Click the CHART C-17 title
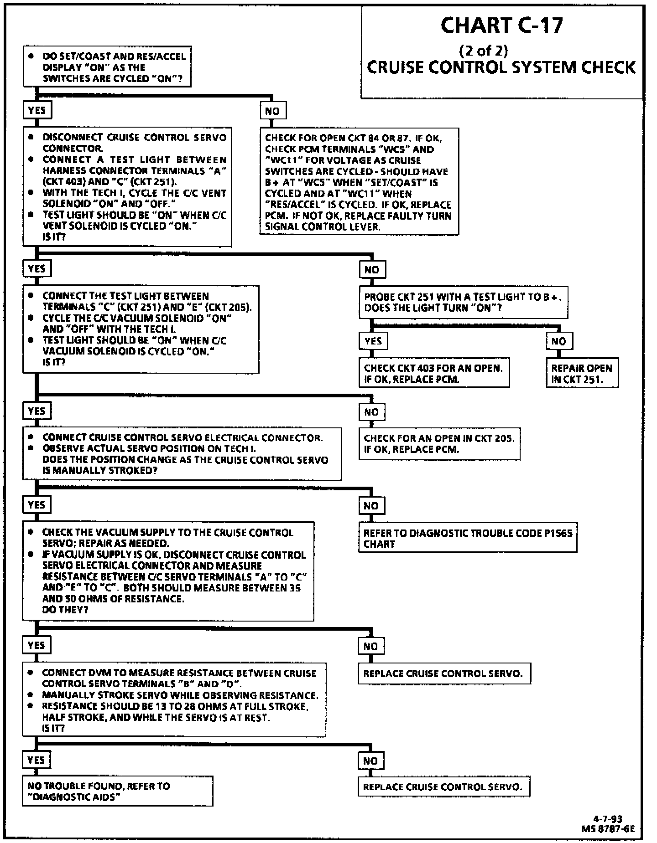tap(501, 26)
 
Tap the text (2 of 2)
tap(483, 50)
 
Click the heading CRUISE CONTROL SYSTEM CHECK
tap(501, 67)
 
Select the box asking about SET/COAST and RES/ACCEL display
tap(107, 67)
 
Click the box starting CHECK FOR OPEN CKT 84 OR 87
tap(359, 181)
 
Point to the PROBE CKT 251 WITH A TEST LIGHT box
tap(463, 302)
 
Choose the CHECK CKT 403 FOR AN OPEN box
tap(433, 373)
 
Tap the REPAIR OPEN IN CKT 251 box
tap(582, 373)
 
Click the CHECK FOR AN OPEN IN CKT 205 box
tap(439, 443)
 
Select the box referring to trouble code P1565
tap(467, 538)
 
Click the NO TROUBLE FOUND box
tap(117, 791)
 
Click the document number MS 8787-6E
tap(608, 828)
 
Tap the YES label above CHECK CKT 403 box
tap(373, 341)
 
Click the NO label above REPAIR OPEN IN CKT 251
tap(558, 341)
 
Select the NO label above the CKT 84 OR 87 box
tap(272, 111)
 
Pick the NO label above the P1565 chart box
tap(371, 505)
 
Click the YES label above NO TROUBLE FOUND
tap(36, 760)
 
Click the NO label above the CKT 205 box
tap(371, 412)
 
